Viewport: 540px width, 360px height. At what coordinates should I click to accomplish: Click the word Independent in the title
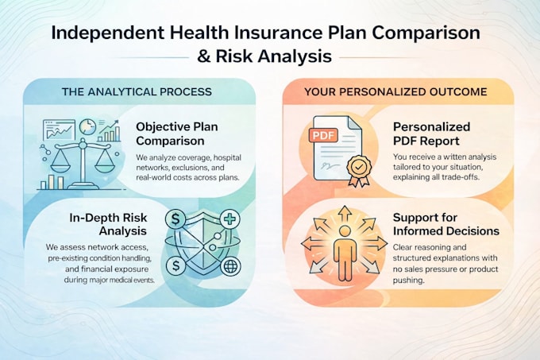tap(108, 33)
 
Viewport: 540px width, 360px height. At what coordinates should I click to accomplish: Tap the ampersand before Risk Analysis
tap(204, 56)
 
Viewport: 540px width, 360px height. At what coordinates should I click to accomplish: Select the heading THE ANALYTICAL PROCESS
tap(137, 92)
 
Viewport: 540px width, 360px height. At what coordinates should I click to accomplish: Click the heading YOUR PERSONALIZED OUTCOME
tap(395, 92)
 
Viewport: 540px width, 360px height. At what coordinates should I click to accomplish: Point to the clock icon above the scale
tap(87, 127)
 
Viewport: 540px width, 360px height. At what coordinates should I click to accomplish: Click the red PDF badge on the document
tap(323, 135)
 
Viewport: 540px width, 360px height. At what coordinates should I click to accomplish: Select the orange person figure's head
tap(345, 231)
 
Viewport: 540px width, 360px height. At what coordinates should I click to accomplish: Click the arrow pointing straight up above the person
tap(345, 215)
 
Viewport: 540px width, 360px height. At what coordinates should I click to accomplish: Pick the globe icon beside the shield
tap(230, 266)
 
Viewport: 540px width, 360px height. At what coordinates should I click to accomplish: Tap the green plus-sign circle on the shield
tap(230, 219)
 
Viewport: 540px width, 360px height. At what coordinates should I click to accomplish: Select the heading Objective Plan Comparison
tap(176, 134)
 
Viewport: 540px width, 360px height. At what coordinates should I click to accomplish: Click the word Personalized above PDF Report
tap(431, 127)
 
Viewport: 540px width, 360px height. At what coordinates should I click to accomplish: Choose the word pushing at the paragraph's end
tap(408, 280)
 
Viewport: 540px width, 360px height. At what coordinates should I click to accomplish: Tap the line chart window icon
tap(59, 130)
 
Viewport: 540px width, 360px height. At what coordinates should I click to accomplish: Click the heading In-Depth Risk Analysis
tap(108, 224)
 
